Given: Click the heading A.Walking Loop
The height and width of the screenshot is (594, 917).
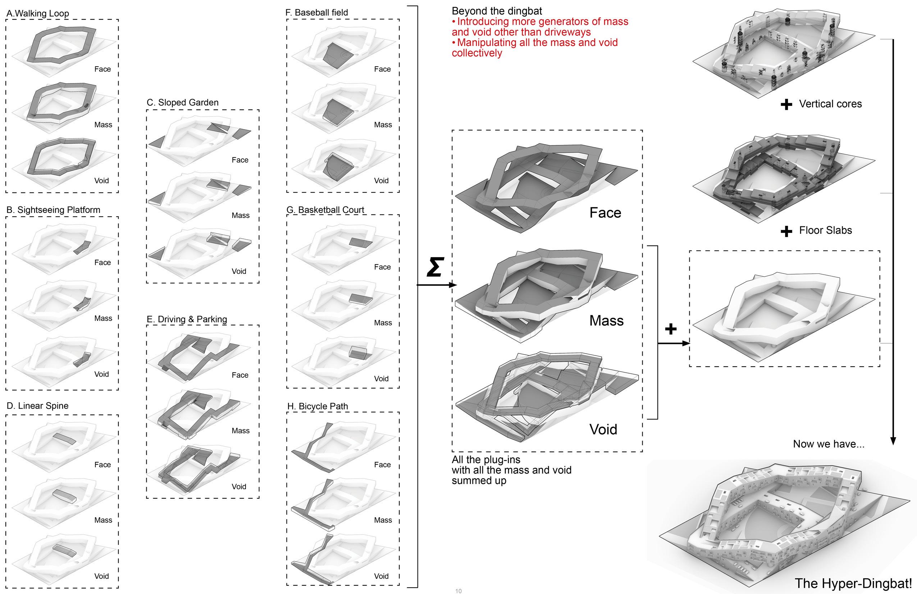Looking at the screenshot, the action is [x=38, y=13].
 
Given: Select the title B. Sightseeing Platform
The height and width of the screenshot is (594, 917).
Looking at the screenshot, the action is [x=53, y=210].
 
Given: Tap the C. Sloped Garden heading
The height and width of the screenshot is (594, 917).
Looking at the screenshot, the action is [x=183, y=103].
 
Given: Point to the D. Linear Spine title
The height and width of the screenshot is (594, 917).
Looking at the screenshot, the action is [x=38, y=405].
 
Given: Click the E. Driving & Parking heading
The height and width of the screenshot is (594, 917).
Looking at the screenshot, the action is [x=187, y=319].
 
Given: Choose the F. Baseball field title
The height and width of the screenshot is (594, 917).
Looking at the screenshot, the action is [x=317, y=12].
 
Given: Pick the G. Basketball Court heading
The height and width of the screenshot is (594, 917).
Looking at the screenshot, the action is [x=325, y=210].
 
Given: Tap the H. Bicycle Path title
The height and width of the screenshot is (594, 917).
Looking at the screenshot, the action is [x=318, y=406].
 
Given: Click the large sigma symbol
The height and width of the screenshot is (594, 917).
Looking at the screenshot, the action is [x=435, y=267].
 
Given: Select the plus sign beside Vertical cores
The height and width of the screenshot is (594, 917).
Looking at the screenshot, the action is [x=786, y=104].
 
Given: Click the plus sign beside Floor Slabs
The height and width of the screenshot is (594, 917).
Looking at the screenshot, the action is [x=786, y=231].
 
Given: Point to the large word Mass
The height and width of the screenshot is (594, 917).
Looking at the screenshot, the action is [x=606, y=321].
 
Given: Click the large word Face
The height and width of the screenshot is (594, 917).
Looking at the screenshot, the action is [x=605, y=213].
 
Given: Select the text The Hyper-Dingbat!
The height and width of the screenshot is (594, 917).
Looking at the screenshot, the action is [x=853, y=583].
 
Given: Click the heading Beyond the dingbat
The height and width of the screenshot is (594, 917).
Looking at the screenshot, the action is [x=497, y=11].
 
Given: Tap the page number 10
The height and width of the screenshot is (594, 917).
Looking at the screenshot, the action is [x=458, y=591].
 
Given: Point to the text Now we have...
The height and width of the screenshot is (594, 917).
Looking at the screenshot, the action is [x=829, y=444].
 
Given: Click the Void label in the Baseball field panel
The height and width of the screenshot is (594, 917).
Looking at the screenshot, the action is [x=381, y=180].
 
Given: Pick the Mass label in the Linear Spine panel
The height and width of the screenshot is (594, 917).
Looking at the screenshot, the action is [x=103, y=520].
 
